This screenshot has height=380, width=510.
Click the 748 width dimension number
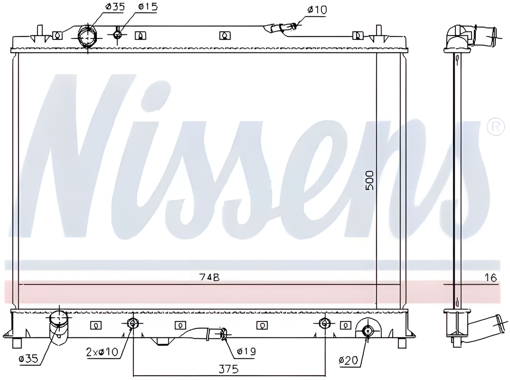pos(209,277)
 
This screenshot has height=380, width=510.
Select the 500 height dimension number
pos(369,180)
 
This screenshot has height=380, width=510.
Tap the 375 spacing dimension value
pos(229,369)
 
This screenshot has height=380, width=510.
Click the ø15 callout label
pos(148,7)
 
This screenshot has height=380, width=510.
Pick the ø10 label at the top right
pos(317,10)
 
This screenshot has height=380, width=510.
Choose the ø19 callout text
pos(246,352)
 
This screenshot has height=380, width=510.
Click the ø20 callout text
pos(348,361)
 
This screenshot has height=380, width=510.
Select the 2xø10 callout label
pos(102,352)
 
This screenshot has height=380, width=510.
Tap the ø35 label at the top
pos(115,7)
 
